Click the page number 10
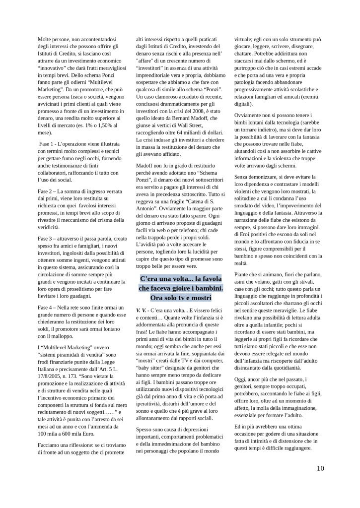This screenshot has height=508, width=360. pyautogui.click(x=320, y=468)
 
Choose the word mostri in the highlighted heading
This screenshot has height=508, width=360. pyautogui.click(x=200, y=297)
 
